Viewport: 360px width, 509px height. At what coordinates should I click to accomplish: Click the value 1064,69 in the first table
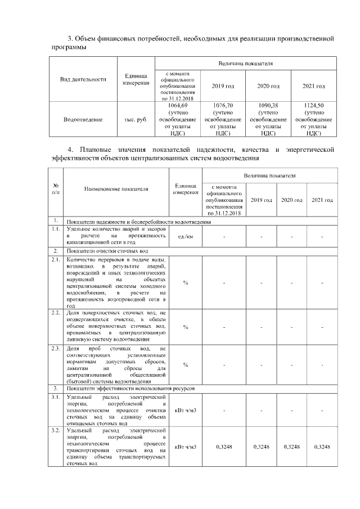click(x=178, y=105)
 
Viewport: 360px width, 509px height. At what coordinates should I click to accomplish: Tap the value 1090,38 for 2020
click(x=268, y=105)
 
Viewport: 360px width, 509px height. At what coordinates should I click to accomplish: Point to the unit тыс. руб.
click(x=135, y=119)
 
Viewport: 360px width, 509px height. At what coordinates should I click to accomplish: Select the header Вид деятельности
click(x=83, y=79)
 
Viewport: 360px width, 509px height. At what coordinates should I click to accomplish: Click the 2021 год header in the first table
click(x=314, y=86)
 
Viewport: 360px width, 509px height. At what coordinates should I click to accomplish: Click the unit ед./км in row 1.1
click(x=186, y=237)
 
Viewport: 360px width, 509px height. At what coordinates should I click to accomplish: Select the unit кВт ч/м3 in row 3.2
click(x=186, y=447)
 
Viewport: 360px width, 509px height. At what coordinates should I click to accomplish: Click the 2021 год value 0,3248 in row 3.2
click(x=322, y=447)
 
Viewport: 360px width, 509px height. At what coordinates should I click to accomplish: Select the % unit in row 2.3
click(x=186, y=364)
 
